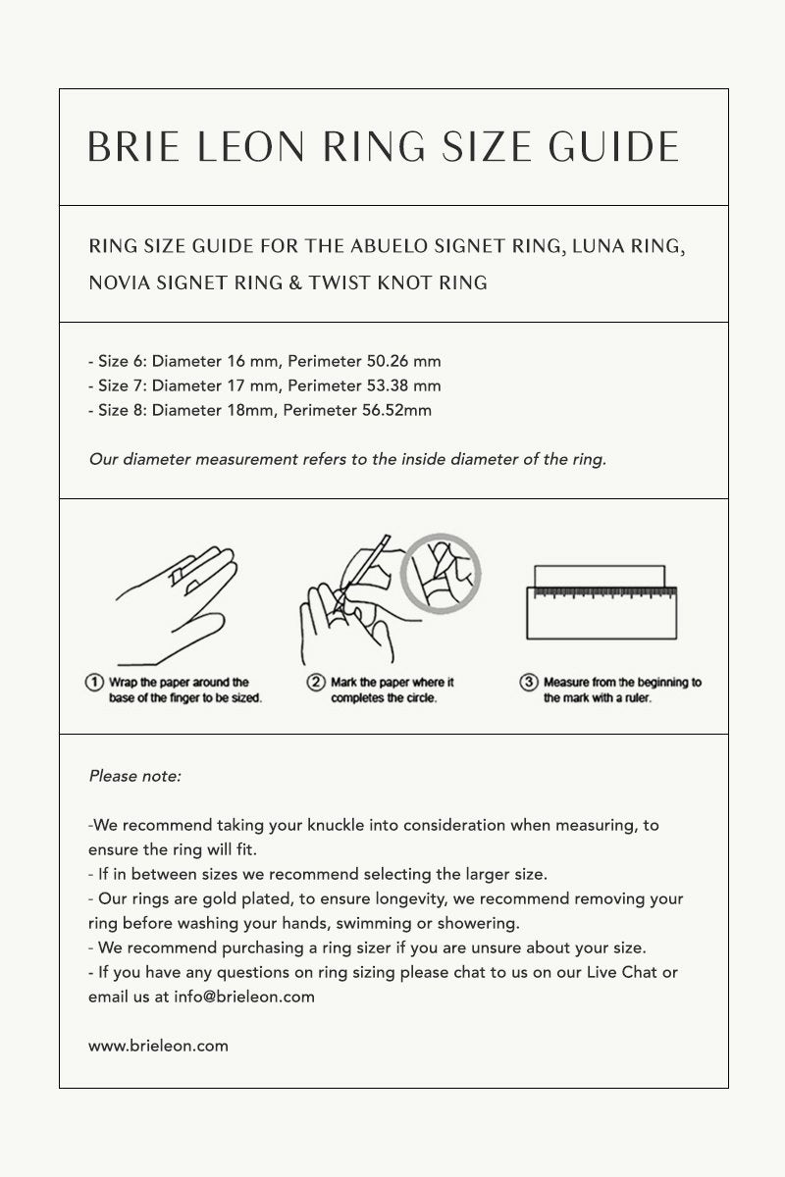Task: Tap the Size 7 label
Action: point(122,385)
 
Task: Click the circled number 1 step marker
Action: point(95,682)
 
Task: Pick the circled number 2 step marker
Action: point(316,682)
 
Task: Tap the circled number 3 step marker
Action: point(529,682)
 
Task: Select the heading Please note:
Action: point(135,776)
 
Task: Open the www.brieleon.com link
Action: point(158,1046)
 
